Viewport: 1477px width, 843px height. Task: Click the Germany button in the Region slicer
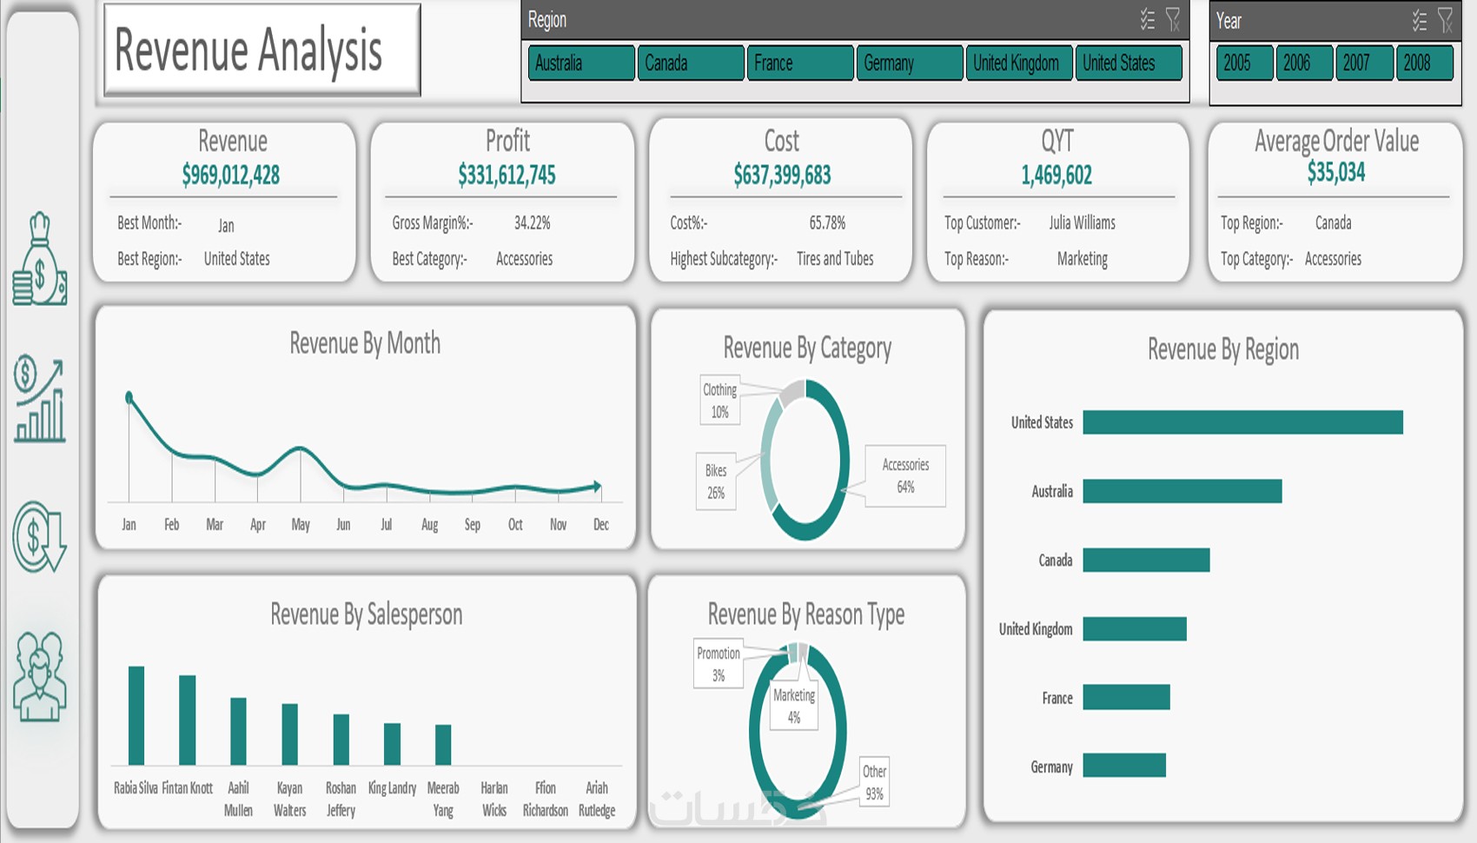[x=909, y=63]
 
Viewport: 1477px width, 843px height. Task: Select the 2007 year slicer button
[x=1363, y=63]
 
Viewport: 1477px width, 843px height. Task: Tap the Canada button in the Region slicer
[x=690, y=63]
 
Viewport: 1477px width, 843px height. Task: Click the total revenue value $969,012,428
[x=231, y=176]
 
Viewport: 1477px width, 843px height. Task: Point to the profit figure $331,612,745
[x=507, y=176]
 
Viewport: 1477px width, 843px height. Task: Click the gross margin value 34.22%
[x=532, y=223]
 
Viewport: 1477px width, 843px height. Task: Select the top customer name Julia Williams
[x=1082, y=223]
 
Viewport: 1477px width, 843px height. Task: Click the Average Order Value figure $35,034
[x=1335, y=173]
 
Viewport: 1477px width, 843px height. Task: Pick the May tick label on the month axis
[x=301, y=525]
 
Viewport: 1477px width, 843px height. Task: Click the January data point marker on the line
[x=129, y=398]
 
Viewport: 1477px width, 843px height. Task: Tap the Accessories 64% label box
[x=905, y=476]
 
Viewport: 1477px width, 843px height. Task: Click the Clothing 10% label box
[x=720, y=401]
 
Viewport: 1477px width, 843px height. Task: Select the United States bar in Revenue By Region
[x=1242, y=422]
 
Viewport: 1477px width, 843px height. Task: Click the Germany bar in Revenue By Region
[x=1124, y=766]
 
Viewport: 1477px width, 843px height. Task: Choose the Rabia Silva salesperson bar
[x=136, y=715]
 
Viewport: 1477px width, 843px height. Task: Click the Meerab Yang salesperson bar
[x=443, y=745]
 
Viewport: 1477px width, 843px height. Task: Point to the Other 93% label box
[x=874, y=782]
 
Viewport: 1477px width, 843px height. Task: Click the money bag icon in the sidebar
[x=39, y=260]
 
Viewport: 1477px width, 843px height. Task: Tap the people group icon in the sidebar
[x=39, y=677]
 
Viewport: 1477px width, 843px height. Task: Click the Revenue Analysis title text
[x=248, y=50]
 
